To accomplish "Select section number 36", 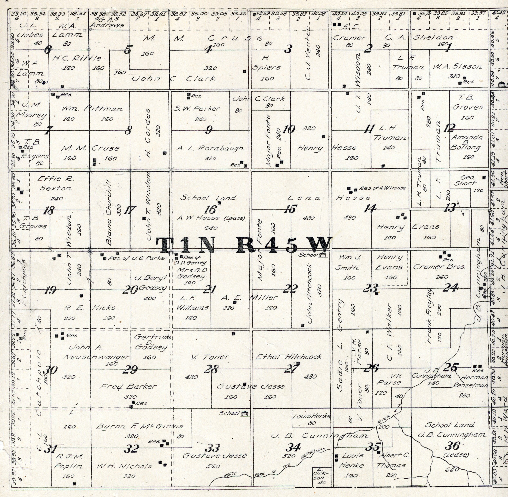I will click(x=452, y=446).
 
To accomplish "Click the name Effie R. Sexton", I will click(x=55, y=183).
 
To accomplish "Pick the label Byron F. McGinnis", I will click(x=140, y=426).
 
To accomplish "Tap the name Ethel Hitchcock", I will click(x=288, y=357).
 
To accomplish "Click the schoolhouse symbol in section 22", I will click(x=323, y=255).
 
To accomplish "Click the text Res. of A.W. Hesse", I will click(x=382, y=188).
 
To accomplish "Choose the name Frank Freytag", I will click(x=429, y=315).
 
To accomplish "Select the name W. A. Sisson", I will click(x=457, y=67).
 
